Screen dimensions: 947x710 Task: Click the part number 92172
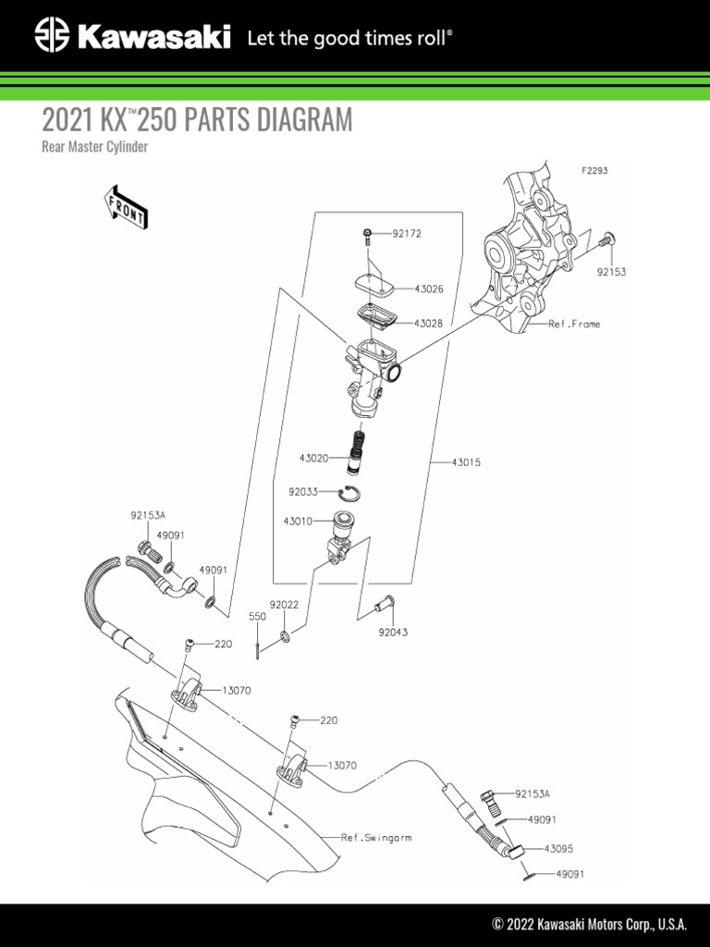click(x=406, y=234)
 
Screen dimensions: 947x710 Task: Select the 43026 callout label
click(x=428, y=289)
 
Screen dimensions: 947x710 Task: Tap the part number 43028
click(x=428, y=324)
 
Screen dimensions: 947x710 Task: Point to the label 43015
click(x=467, y=461)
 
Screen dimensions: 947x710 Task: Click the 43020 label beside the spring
click(x=313, y=458)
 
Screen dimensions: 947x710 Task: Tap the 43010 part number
click(x=298, y=521)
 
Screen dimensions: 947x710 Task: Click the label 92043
click(x=393, y=633)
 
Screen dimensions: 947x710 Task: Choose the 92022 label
click(x=284, y=605)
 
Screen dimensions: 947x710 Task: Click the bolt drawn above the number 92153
click(x=607, y=242)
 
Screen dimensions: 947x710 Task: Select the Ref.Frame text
click(x=574, y=325)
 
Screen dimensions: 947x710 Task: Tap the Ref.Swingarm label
click(x=376, y=837)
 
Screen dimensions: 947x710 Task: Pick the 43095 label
click(x=559, y=847)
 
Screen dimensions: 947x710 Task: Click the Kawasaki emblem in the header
click(x=52, y=36)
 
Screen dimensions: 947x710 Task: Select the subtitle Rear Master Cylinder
click(x=95, y=147)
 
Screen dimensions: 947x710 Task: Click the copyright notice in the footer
click(x=590, y=924)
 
